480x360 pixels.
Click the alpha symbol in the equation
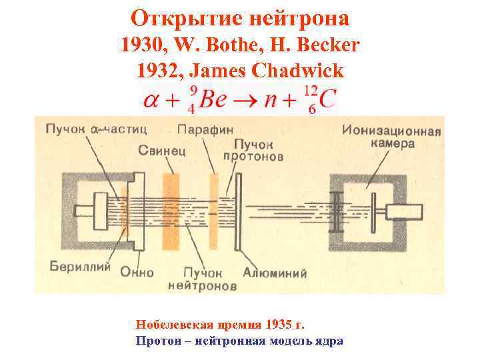point(152,100)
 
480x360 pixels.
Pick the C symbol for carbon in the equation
point(327,99)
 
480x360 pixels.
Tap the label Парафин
point(202,128)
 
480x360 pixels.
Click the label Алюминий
point(274,273)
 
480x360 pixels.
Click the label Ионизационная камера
point(391,136)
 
